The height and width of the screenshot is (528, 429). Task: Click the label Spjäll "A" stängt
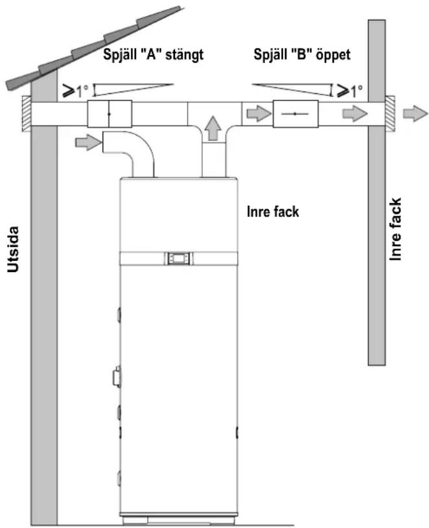[153, 55]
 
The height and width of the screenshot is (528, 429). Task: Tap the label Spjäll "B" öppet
[302, 55]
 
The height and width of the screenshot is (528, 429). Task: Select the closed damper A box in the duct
[110, 114]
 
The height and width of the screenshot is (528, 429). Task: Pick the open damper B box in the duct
[296, 114]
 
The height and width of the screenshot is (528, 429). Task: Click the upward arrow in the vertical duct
[213, 128]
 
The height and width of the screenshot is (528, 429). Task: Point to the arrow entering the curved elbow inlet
[88, 143]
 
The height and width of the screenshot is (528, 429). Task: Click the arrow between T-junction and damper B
[259, 113]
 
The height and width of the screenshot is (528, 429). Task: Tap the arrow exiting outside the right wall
[415, 113]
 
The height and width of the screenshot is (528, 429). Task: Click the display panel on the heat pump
[178, 258]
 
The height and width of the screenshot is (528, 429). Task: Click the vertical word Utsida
[13, 249]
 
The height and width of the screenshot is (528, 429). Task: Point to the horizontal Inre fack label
[273, 212]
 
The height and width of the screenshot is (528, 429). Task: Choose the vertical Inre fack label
[395, 229]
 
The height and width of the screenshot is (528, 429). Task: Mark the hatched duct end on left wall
[27, 114]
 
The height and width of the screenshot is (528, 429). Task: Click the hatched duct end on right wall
[391, 113]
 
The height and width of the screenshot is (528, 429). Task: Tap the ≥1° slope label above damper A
[76, 91]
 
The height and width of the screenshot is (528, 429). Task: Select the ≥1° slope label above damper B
[350, 90]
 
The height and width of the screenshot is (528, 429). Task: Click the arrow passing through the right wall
[354, 113]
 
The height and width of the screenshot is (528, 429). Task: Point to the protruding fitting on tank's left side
[117, 377]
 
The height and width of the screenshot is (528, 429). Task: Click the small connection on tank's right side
[237, 432]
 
